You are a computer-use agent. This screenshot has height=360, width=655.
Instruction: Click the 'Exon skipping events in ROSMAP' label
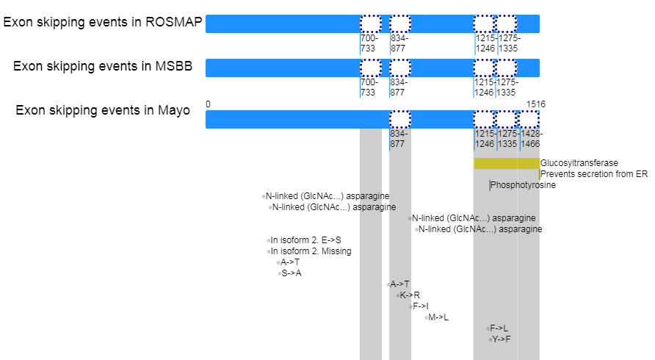pos(103,22)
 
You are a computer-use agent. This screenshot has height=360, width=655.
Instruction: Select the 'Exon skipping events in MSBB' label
pos(103,66)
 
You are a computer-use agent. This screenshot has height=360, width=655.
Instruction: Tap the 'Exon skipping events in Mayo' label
pos(103,110)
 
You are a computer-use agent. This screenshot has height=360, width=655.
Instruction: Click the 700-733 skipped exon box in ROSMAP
pos(371,24)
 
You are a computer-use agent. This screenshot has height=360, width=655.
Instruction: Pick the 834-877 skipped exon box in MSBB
pos(400,68)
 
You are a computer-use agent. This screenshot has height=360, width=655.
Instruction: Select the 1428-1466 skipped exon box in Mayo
pos(529,119)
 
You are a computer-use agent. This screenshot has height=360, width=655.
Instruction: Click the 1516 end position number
pos(536,104)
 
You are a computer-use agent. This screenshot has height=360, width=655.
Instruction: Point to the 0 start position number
pos(208,104)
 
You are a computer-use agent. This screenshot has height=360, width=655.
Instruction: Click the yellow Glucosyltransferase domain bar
pos(507,163)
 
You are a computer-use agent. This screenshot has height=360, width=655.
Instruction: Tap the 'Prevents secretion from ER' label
pos(594,174)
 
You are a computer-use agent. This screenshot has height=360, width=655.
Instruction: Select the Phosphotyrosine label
pos(523,185)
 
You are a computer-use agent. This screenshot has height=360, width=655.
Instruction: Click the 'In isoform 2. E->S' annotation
pos(305,240)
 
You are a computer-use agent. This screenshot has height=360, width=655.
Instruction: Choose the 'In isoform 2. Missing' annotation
pos(311,251)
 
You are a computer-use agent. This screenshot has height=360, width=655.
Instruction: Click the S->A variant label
pos(292,273)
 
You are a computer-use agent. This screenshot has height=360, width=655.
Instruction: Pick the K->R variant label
pos(410,295)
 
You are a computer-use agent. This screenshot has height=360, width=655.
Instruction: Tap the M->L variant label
pos(438,317)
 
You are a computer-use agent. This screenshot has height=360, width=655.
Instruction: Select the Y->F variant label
pos(502,339)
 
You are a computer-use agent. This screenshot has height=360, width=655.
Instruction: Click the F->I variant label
pos(421,306)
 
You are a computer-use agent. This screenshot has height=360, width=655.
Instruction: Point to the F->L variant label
pos(499,328)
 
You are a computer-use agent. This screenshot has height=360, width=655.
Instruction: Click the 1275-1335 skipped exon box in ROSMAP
pos(506,24)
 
